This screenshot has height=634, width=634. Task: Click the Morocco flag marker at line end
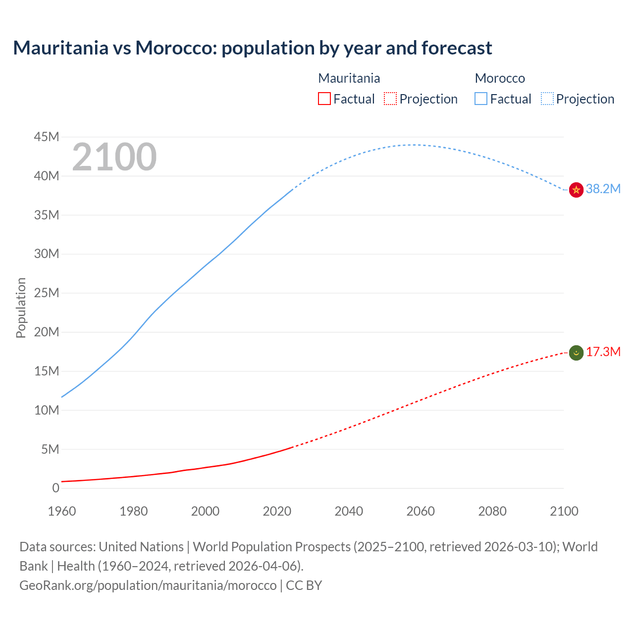pos(576,190)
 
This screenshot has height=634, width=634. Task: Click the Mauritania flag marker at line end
pos(576,353)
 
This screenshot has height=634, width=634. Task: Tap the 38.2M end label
pos(603,189)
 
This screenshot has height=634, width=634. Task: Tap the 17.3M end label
pos(603,352)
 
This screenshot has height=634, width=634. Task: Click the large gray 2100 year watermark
pos(114,157)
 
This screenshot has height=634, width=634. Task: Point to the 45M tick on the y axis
pos(47,137)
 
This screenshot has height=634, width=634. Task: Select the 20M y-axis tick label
pos(47,332)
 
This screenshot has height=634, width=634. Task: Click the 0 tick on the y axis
pos(55,488)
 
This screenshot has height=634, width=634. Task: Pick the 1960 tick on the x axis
pos(62,511)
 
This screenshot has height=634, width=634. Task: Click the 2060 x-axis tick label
pos(421,511)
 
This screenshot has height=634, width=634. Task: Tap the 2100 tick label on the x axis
pos(564,511)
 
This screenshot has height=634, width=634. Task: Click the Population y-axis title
pos(21,308)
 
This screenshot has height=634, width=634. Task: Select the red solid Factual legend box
pos(324,99)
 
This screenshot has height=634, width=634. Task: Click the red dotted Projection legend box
pos(390,99)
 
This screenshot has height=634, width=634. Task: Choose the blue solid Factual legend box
pos(481,99)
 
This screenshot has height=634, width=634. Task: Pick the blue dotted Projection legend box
pos(547,99)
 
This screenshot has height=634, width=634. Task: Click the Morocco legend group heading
pos(500,78)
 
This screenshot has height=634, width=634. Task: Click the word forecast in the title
pos(456,48)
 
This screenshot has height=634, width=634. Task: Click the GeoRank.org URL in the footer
pos(148,585)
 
